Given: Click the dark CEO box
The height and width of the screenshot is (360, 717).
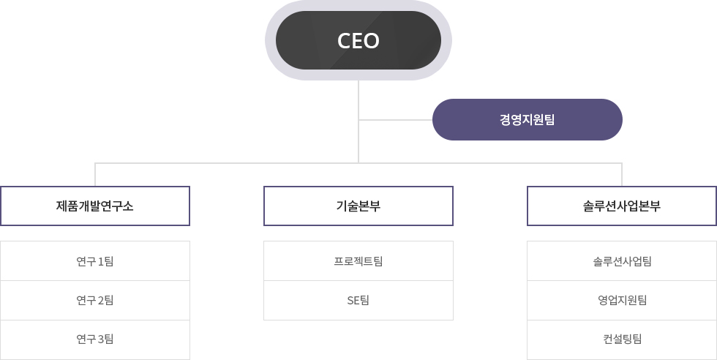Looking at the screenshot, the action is [358, 40].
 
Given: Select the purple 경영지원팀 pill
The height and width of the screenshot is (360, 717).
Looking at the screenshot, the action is [528, 120].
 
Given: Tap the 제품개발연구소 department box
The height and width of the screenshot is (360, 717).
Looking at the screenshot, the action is [95, 206].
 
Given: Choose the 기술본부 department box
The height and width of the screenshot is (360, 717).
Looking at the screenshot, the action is [358, 206].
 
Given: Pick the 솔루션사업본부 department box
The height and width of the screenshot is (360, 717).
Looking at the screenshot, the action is [622, 206].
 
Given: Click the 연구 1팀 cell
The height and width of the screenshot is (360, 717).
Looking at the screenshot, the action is [95, 260].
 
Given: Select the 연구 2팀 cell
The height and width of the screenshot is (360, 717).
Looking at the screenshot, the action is [95, 300].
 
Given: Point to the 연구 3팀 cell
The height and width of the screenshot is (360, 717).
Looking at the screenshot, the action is [95, 340].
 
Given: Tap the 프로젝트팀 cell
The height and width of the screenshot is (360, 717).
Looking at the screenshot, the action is [358, 260].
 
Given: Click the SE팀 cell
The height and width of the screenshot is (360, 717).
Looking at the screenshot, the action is [358, 300].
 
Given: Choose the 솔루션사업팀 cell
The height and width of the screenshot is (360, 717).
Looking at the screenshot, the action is [622, 260].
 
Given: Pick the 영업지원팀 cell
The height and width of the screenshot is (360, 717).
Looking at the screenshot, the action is [622, 300].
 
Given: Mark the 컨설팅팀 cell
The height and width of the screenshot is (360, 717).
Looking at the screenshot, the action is [622, 340].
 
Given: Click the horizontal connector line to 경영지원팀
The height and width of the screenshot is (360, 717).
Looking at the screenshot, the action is [396, 120].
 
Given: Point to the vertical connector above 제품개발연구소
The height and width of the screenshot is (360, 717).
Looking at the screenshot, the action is [95, 174].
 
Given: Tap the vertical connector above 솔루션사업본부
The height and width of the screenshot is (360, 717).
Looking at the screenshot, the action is [622, 174].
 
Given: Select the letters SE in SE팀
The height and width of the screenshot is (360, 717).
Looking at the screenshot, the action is [353, 301].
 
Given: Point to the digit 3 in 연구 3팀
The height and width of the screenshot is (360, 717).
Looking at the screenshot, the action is [101, 340].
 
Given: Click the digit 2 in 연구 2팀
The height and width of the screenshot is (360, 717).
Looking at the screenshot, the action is [101, 301].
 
